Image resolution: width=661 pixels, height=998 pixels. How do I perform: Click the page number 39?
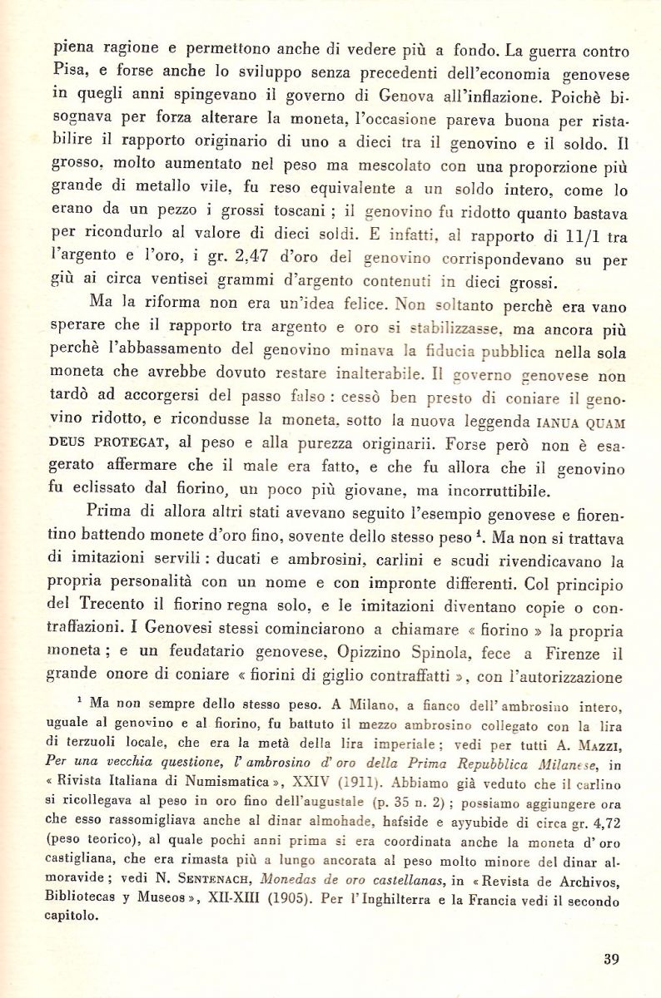point(611,959)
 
